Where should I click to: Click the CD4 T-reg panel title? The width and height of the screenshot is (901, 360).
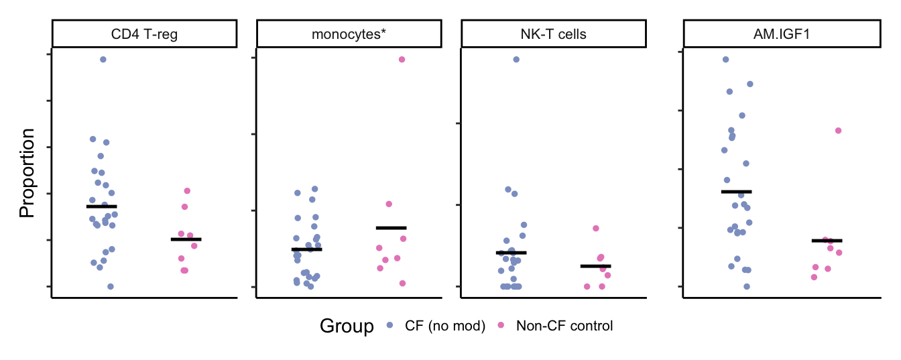(144, 34)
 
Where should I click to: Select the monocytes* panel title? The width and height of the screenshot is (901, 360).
(349, 34)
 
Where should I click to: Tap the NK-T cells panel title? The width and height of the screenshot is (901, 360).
(553, 34)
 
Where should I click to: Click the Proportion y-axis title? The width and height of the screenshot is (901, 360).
(27, 173)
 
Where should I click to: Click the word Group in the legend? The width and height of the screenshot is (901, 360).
(347, 326)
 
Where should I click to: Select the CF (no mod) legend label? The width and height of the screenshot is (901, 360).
(444, 326)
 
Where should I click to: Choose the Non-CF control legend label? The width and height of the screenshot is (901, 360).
(564, 326)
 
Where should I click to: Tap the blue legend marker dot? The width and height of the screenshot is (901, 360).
(389, 326)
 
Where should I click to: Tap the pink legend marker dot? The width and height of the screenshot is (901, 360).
(501, 326)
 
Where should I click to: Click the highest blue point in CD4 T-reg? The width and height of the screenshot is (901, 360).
(103, 60)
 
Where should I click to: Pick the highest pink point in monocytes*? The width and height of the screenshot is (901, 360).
(402, 60)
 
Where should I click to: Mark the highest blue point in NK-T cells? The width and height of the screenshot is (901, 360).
(516, 60)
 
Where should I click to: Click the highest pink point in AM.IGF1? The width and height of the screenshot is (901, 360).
(838, 131)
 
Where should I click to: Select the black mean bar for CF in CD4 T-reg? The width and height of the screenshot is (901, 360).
(102, 206)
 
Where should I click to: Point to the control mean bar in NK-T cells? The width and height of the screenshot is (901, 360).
(595, 266)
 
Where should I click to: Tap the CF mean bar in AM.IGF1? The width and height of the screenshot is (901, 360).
(736, 192)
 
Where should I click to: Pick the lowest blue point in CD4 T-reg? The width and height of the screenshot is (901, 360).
(111, 286)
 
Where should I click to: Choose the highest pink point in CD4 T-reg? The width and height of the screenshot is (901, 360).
(187, 191)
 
